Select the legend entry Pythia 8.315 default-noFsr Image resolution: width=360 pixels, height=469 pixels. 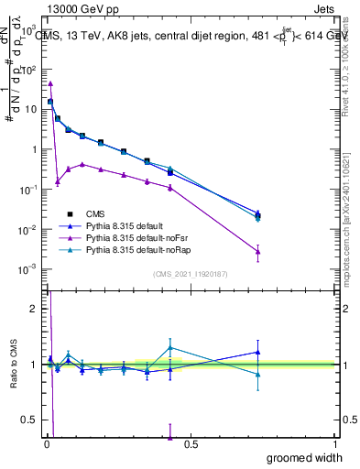[x=139, y=237]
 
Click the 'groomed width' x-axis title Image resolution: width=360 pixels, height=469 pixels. [x=300, y=458]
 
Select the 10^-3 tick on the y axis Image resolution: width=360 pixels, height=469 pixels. [x=27, y=268]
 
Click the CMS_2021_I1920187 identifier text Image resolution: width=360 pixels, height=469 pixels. [x=191, y=274]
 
